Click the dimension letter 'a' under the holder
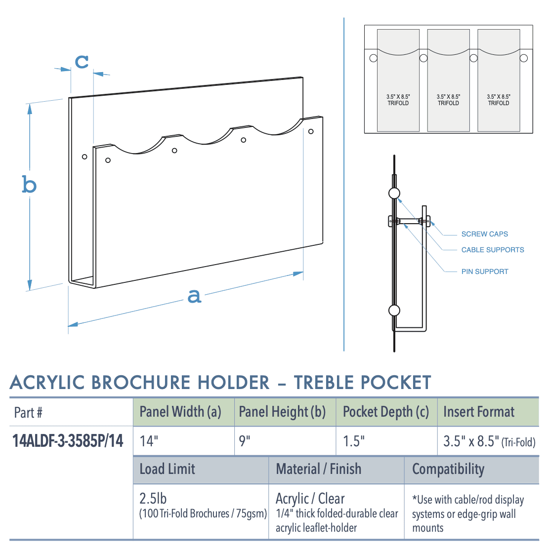[195, 296]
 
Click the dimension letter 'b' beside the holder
[30, 185]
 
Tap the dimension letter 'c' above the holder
[82, 61]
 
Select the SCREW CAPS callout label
[484, 234]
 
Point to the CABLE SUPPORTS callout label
[493, 250]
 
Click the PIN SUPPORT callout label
[484, 272]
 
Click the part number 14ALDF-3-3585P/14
[68, 440]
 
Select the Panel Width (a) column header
[180, 412]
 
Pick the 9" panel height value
[245, 441]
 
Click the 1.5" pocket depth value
[354, 441]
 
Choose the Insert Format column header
[478, 412]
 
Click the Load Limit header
[167, 469]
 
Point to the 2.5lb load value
[153, 498]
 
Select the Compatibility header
[448, 469]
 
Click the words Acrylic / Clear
[310, 498]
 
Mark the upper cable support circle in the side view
[394, 193]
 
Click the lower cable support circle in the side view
[394, 311]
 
